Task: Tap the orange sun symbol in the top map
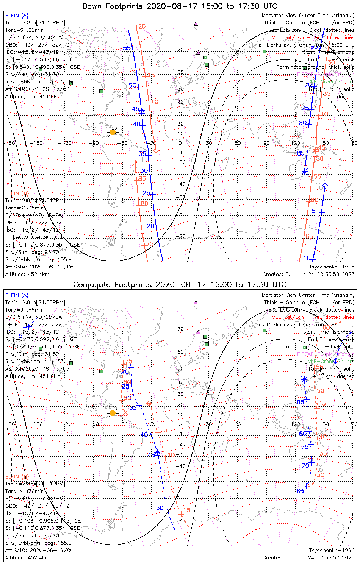click(113, 132)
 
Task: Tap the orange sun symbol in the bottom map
click(113, 413)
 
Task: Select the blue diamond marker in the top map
click(325, 186)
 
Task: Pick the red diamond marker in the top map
click(156, 150)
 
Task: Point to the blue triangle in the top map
click(141, 111)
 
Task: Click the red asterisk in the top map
click(135, 163)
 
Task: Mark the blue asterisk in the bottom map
click(304, 379)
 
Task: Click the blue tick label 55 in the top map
click(127, 48)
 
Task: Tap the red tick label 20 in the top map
click(142, 27)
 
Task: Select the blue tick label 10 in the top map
click(307, 258)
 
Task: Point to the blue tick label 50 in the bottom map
click(160, 508)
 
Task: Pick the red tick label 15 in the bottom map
click(187, 510)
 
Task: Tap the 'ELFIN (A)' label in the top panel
click(17, 16)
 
